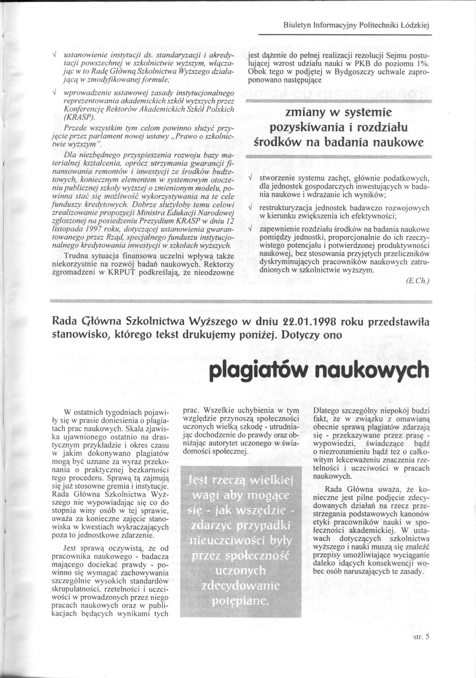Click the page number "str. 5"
[421, 637]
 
